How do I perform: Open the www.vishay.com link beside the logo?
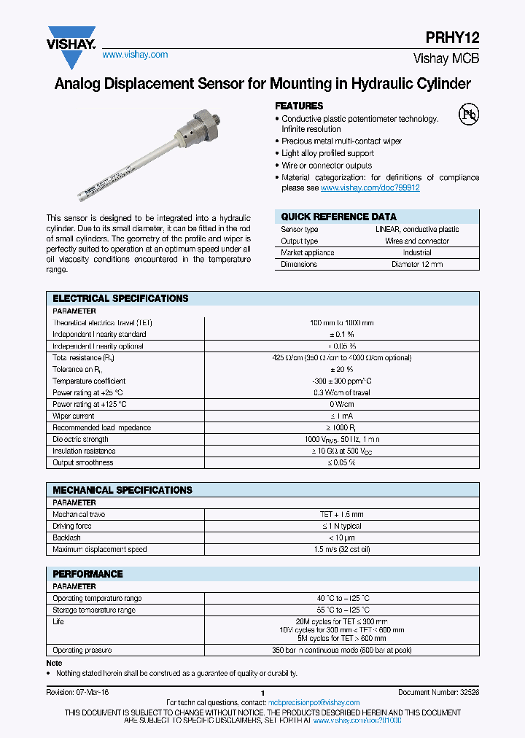tap(135, 55)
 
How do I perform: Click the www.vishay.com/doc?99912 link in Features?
tap(370, 188)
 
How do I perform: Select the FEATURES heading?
tap(299, 106)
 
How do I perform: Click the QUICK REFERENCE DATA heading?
tap(339, 217)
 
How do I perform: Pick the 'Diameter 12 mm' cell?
tap(416, 264)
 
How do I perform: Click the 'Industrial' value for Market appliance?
tap(416, 252)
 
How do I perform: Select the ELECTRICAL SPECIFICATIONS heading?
tap(120, 298)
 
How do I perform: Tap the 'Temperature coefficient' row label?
tap(89, 381)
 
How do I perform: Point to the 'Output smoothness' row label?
tap(83, 462)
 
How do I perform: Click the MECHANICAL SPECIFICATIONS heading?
tap(122, 490)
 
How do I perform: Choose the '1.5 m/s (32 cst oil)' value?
tap(341, 549)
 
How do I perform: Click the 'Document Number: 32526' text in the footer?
tap(438, 692)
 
